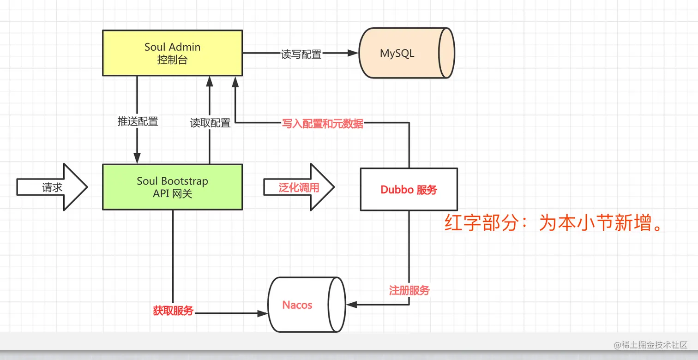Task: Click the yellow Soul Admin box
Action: [172, 53]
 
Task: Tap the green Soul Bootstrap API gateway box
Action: [172, 187]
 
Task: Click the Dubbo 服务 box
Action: [409, 190]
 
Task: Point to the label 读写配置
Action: [301, 54]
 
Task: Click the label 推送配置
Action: [138, 121]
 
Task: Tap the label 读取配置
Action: [210, 123]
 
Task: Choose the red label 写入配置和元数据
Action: [322, 123]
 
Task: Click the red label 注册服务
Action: [409, 290]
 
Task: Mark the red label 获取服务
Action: [173, 311]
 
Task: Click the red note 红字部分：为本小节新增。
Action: [554, 224]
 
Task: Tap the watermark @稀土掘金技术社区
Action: [650, 345]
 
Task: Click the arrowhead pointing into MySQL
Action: [353, 53]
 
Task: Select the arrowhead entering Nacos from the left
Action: [263, 313]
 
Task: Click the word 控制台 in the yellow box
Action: [172, 60]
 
